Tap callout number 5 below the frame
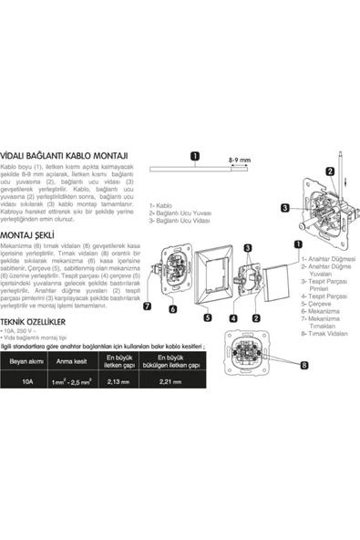pyautogui.click(x=207, y=317)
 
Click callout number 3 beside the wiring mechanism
pyautogui.click(x=260, y=207)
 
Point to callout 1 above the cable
pyautogui.click(x=195, y=157)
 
